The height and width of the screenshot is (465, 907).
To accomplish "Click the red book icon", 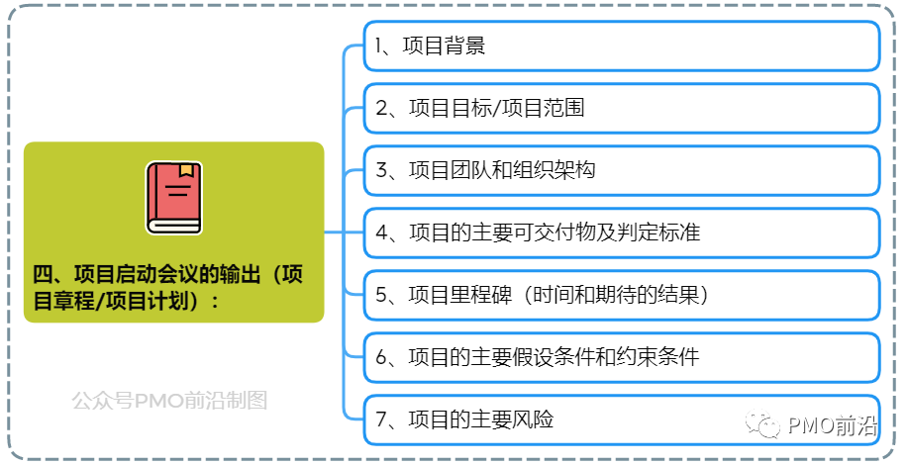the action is [x=174, y=198].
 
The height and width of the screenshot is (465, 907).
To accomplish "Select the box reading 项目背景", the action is [x=621, y=46].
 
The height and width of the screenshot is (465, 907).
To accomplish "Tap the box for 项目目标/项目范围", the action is [x=621, y=108].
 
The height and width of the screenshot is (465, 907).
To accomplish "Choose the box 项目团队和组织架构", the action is [x=621, y=170].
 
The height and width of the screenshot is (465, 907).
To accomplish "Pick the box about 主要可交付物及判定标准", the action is [x=621, y=232].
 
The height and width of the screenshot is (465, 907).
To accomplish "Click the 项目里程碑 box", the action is [x=621, y=295].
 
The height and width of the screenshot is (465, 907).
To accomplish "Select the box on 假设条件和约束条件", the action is [x=621, y=357].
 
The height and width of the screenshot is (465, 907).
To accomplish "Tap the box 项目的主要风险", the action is [x=621, y=419].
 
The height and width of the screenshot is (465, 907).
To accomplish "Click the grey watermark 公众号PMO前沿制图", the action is [x=169, y=401].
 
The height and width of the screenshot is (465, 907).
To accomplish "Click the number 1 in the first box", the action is [x=379, y=46].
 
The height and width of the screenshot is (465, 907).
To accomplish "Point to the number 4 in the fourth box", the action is [x=382, y=233].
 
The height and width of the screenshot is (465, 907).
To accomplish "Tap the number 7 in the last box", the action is [x=382, y=420].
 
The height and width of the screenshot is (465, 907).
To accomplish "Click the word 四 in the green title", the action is [x=42, y=275].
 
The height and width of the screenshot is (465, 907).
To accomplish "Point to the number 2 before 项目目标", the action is [x=382, y=109].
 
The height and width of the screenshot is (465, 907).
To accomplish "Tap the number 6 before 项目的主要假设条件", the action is [x=382, y=358].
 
